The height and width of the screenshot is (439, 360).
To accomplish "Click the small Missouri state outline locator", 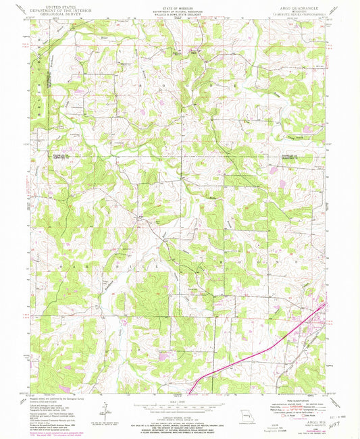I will [x=234, y=409].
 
